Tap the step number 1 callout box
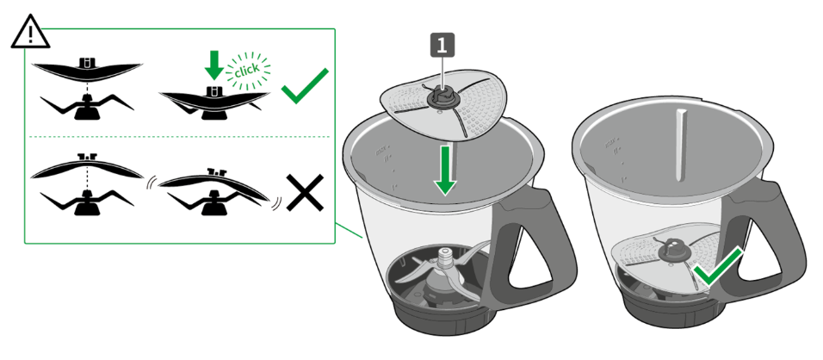pos(442,45)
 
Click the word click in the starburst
pos(247,71)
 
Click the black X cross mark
pos(305,193)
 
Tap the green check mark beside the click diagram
pos(305,85)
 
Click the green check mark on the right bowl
pos(717,268)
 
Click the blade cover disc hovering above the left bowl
pos(444,105)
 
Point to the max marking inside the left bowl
pos(381,152)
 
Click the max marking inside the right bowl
pos(611,142)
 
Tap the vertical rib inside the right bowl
pos(681,146)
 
